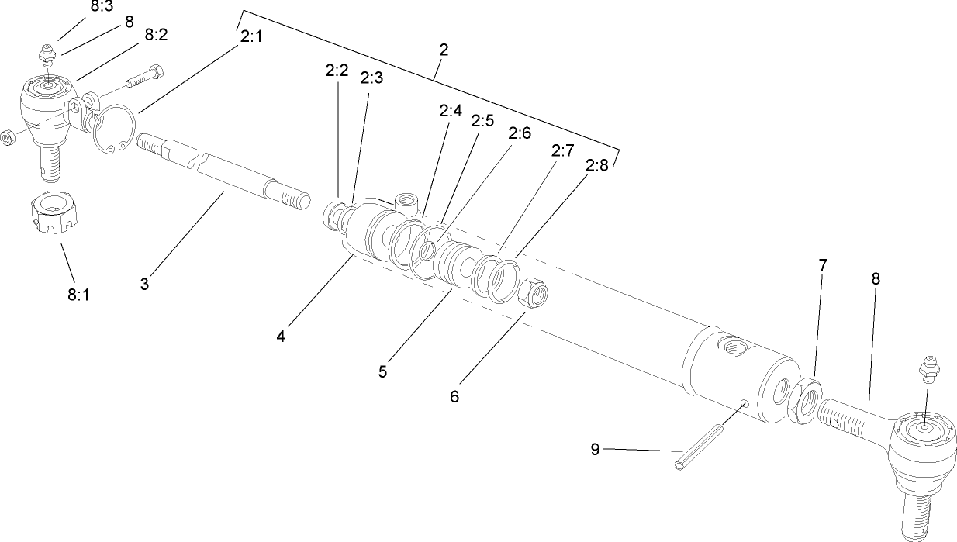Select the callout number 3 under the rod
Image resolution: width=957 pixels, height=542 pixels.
[144, 284]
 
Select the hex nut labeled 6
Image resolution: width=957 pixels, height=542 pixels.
[533, 294]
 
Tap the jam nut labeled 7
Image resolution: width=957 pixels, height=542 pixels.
[807, 399]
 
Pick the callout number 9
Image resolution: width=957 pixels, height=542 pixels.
[595, 450]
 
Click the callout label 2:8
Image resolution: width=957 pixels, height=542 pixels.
[597, 166]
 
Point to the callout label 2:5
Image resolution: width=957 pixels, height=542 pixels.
[482, 121]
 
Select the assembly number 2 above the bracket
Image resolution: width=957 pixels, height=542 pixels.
[443, 50]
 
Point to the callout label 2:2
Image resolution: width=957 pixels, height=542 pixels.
[337, 71]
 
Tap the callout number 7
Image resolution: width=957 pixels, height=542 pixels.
[822, 265]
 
